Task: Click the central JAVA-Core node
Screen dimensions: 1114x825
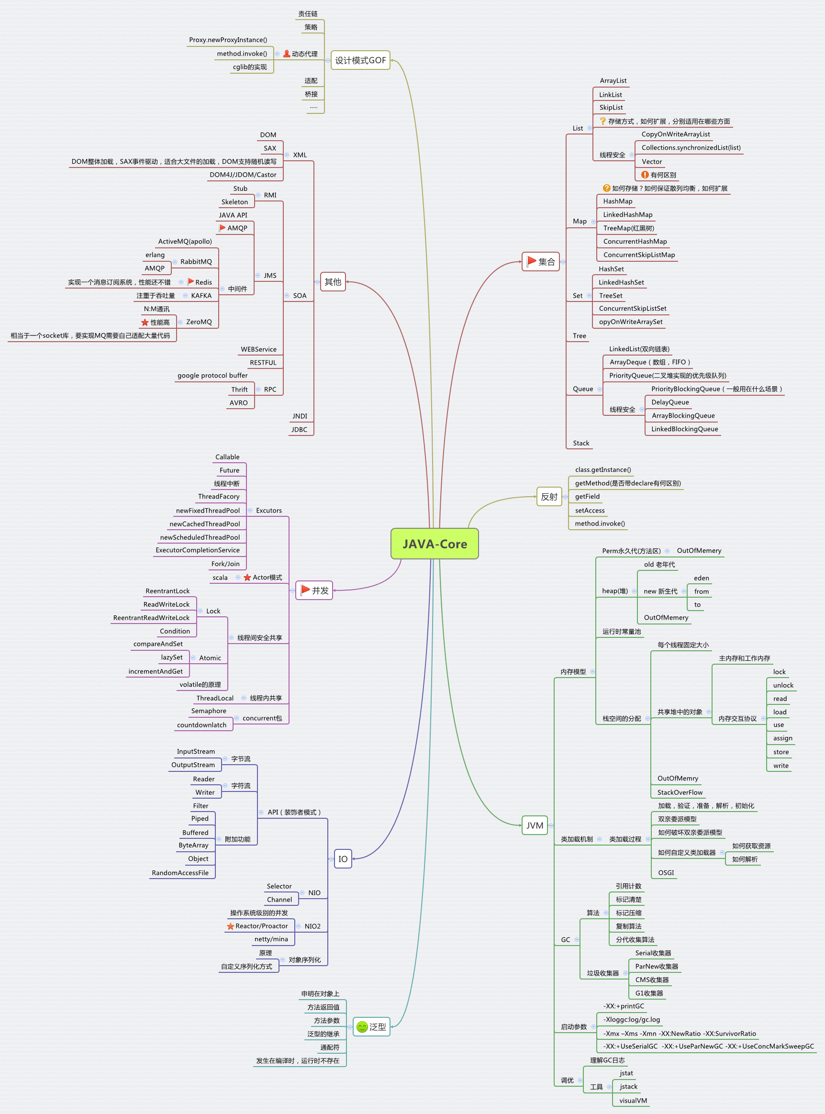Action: pos(434,544)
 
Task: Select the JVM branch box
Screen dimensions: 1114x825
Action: pos(535,825)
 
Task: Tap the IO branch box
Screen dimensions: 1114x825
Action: pos(343,859)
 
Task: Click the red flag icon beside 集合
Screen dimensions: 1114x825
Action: pos(531,261)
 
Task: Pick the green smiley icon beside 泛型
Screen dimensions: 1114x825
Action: pos(362,1027)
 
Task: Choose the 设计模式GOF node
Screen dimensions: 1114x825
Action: pos(360,60)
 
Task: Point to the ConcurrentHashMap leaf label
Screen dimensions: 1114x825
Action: pos(635,242)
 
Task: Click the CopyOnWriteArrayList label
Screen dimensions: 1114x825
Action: pos(675,134)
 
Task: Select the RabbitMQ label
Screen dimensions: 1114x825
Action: pos(196,262)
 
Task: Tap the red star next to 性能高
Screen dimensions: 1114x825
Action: pos(145,323)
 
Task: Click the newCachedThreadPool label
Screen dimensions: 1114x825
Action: pos(205,524)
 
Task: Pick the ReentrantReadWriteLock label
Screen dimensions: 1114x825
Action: pos(151,618)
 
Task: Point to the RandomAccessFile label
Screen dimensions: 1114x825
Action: pos(180,873)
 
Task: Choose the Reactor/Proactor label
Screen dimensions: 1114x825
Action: pos(262,926)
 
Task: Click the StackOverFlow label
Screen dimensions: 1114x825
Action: pos(680,792)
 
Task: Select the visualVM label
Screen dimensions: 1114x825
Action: pos(633,1101)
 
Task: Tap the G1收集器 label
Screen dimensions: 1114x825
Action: pos(649,993)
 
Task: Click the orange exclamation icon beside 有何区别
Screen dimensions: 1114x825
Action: pos(645,175)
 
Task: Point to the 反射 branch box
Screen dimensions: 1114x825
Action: pos(549,497)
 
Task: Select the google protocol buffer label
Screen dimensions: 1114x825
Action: pos(212,376)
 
